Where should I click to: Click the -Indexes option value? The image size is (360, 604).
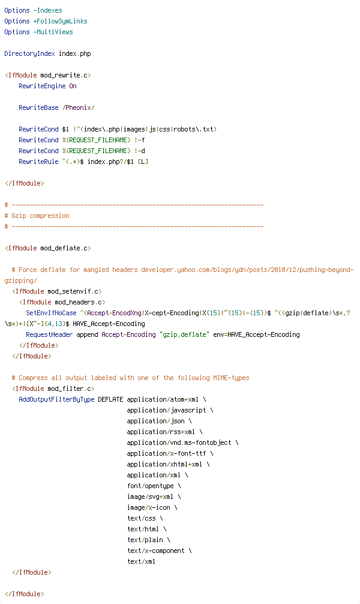[48, 10]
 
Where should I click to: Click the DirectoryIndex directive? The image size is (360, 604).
[29, 53]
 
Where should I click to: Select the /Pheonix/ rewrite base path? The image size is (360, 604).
[79, 107]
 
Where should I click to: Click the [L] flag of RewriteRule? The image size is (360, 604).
[143, 162]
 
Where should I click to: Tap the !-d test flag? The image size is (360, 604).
[140, 151]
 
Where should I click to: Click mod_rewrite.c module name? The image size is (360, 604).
[64, 75]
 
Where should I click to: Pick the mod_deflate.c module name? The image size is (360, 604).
[64, 248]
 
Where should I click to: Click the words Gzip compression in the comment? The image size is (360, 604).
[40, 216]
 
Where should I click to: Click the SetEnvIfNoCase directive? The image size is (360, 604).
[51, 313]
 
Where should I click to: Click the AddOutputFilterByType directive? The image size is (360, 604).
[56, 399]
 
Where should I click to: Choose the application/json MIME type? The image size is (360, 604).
[156, 421]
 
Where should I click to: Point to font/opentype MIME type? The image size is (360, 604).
[151, 486]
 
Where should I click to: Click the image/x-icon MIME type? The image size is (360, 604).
[149, 507]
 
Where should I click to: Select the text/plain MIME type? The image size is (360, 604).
[145, 540]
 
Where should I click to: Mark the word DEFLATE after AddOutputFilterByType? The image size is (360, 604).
[111, 399]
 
